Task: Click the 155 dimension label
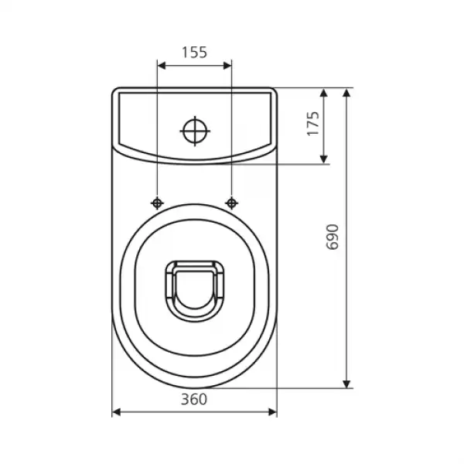click(194, 53)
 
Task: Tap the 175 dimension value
click(313, 124)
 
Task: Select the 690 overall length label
click(332, 237)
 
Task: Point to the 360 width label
click(194, 399)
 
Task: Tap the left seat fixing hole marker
click(157, 203)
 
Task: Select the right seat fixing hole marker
click(232, 203)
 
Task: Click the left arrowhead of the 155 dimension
click(162, 66)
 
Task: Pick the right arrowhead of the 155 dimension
click(227, 66)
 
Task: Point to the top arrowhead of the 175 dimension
click(324, 93)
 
